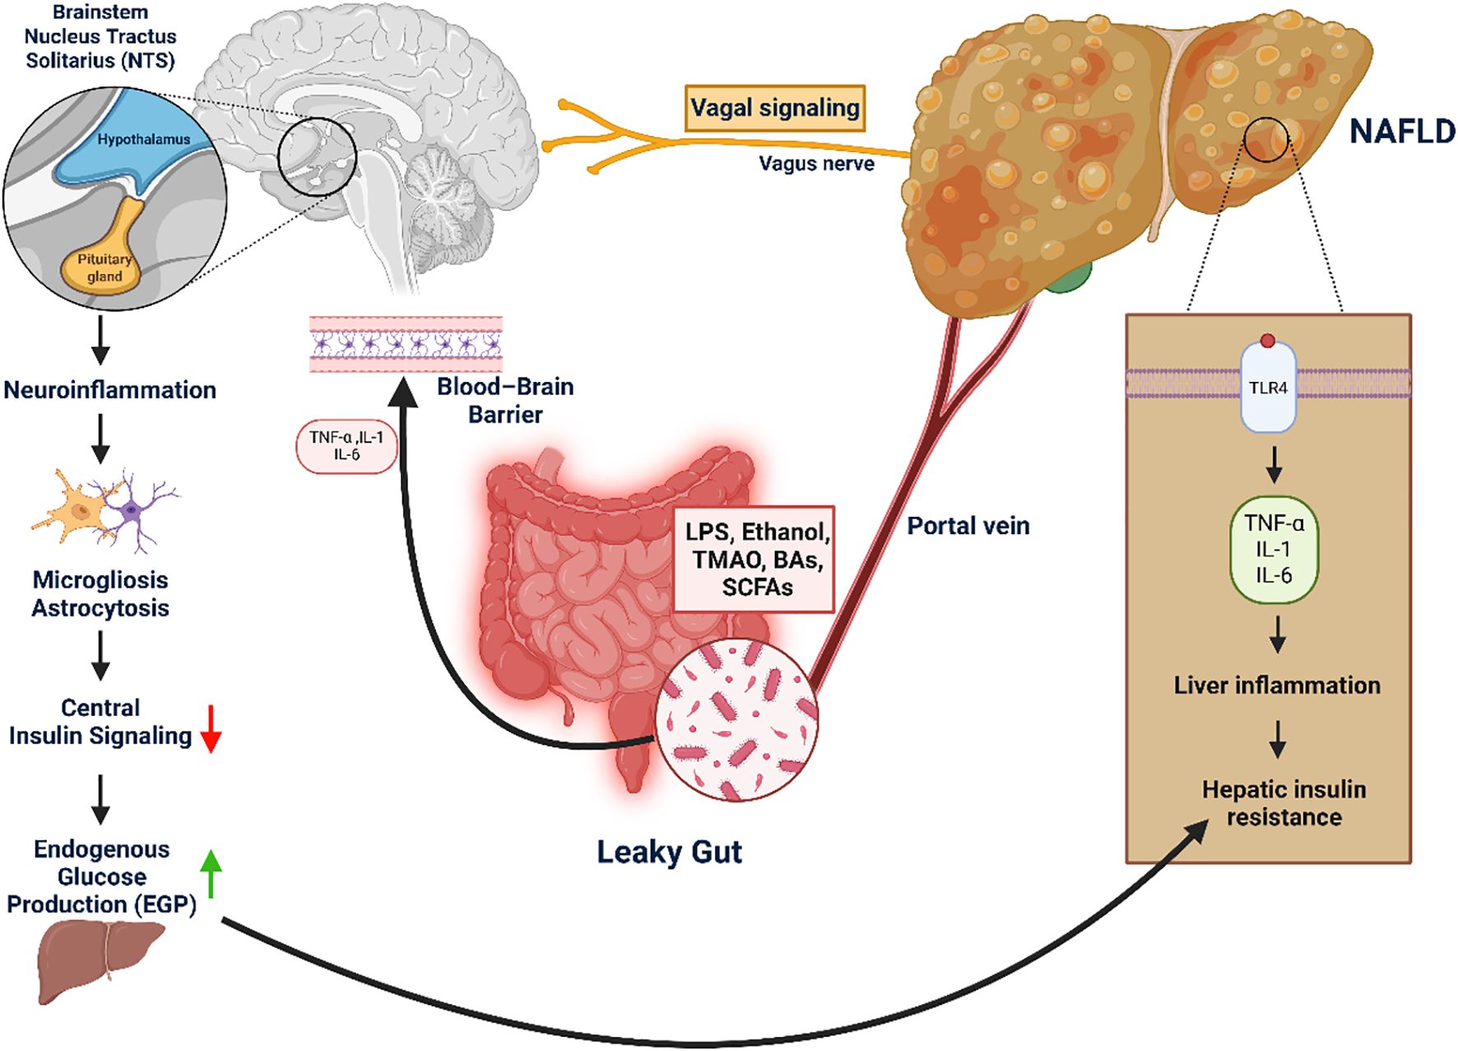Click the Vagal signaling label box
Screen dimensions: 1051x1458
[x=774, y=108]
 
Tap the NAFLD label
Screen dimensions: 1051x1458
[x=1402, y=132]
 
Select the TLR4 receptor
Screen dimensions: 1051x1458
[x=1268, y=388]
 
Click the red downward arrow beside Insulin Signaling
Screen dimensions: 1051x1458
[x=211, y=728]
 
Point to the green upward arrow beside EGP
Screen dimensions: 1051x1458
[x=211, y=873]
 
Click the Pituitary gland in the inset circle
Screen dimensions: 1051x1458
[x=104, y=265]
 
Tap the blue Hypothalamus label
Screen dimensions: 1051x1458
[x=143, y=140]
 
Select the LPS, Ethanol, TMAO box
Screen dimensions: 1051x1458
[x=755, y=560]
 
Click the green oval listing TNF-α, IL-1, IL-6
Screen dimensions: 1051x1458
[x=1274, y=549]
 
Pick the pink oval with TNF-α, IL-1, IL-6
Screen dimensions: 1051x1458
[x=346, y=447]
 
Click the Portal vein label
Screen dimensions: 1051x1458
[x=968, y=526]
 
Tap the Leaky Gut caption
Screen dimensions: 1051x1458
[x=669, y=852]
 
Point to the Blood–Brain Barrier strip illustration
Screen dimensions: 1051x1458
[x=406, y=344]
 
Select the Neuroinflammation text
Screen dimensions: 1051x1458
[x=109, y=390]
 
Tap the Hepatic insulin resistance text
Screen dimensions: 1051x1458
[x=1283, y=803]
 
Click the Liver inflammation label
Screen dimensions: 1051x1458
[x=1276, y=686]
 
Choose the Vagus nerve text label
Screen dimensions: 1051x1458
[x=815, y=164]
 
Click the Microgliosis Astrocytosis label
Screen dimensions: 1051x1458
[x=100, y=594]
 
